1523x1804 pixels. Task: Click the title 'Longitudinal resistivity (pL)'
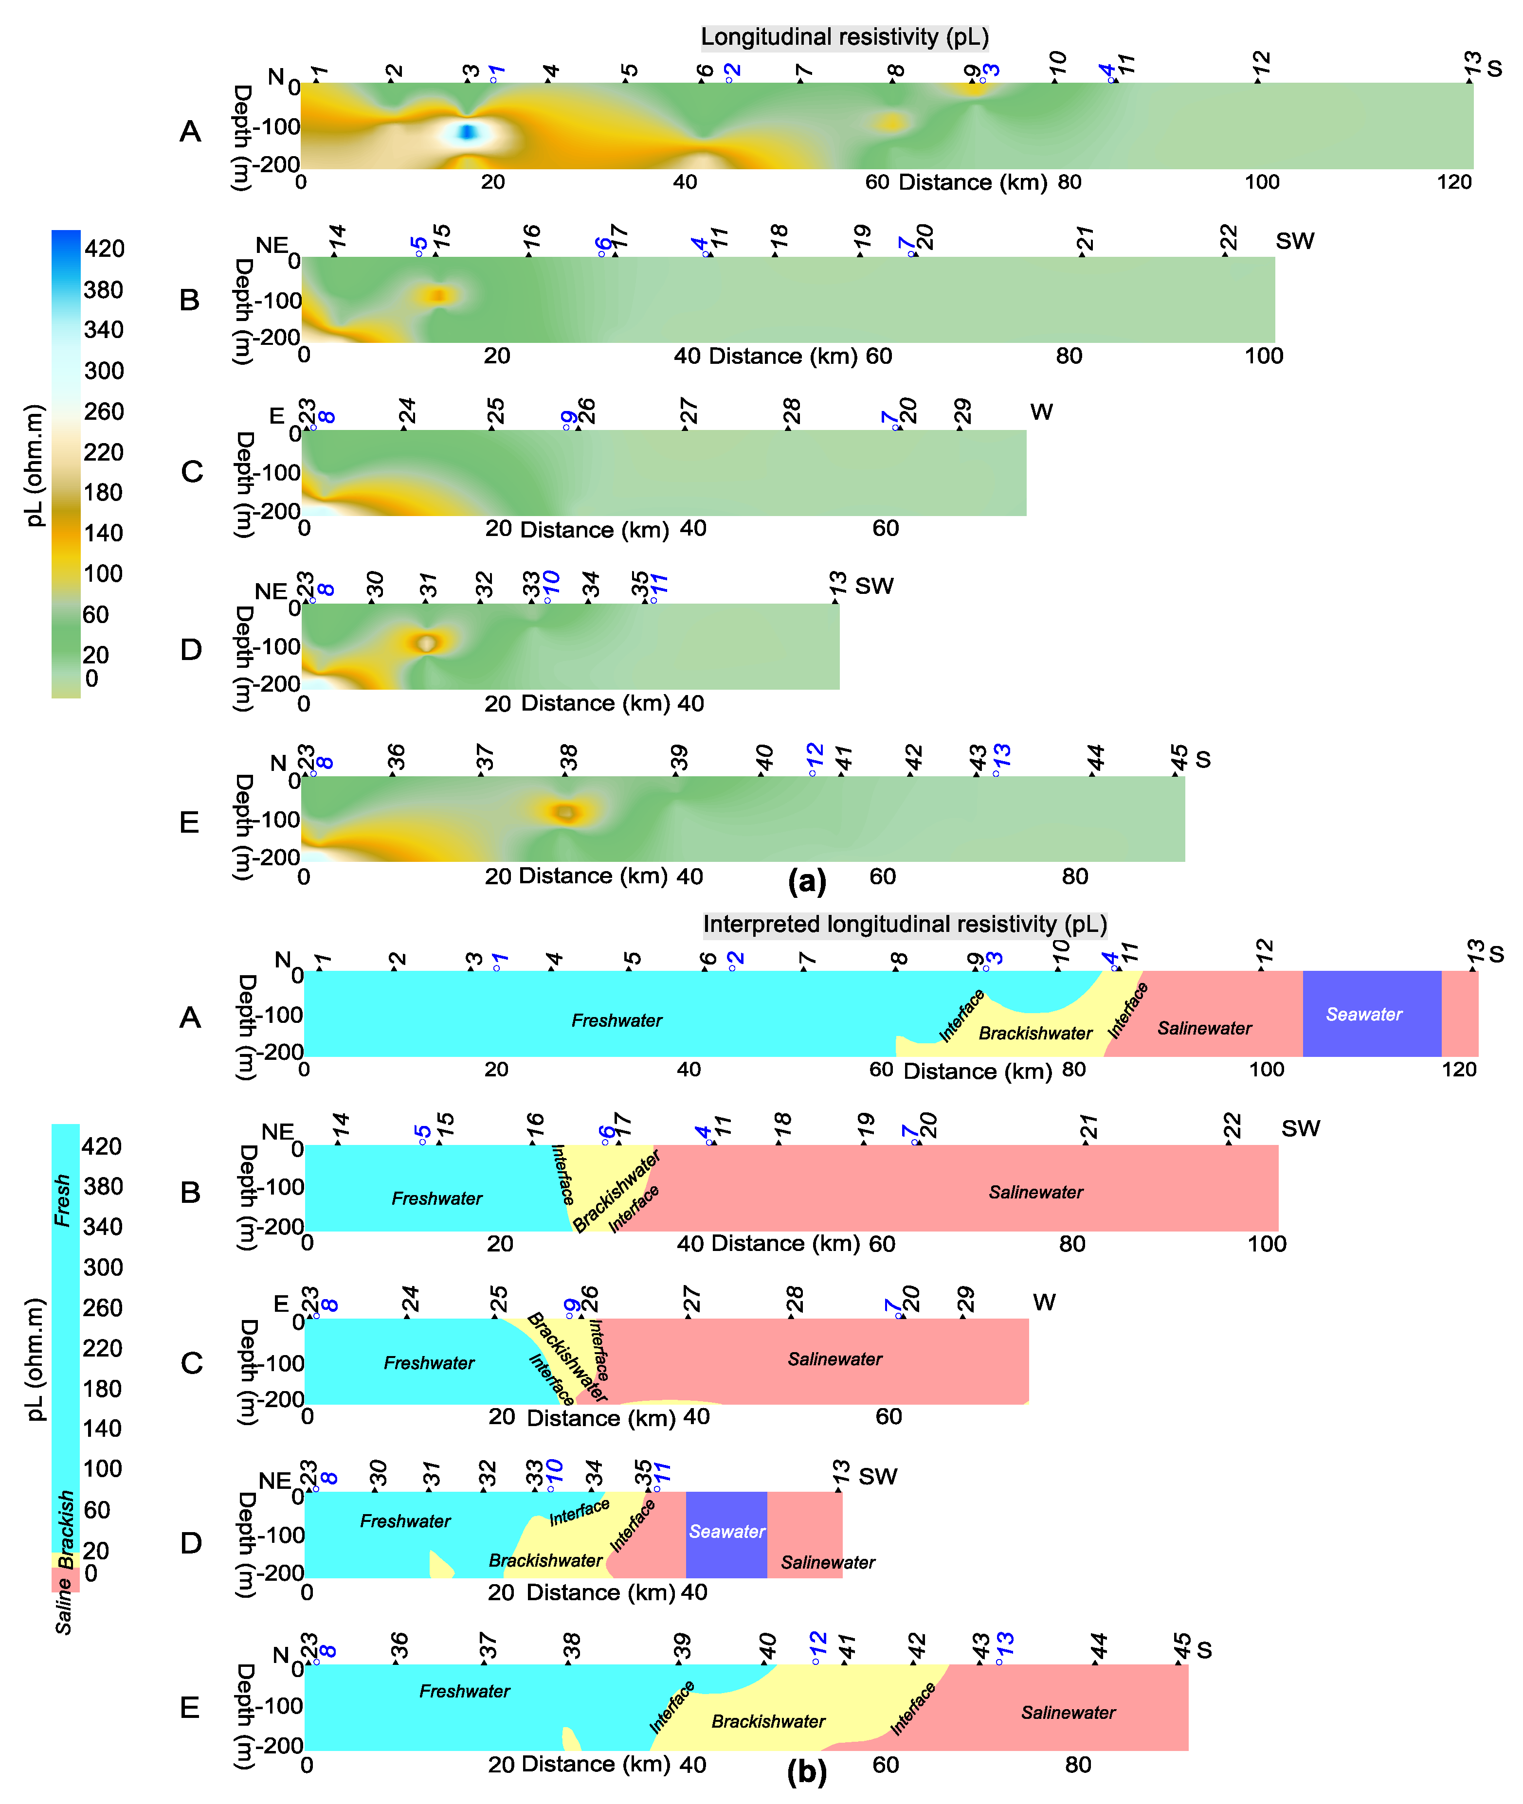[x=844, y=37]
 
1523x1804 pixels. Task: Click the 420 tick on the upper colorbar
[x=104, y=249]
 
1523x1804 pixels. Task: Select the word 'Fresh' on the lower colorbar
[x=62, y=1200]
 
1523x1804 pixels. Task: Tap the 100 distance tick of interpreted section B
[x=1267, y=1244]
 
